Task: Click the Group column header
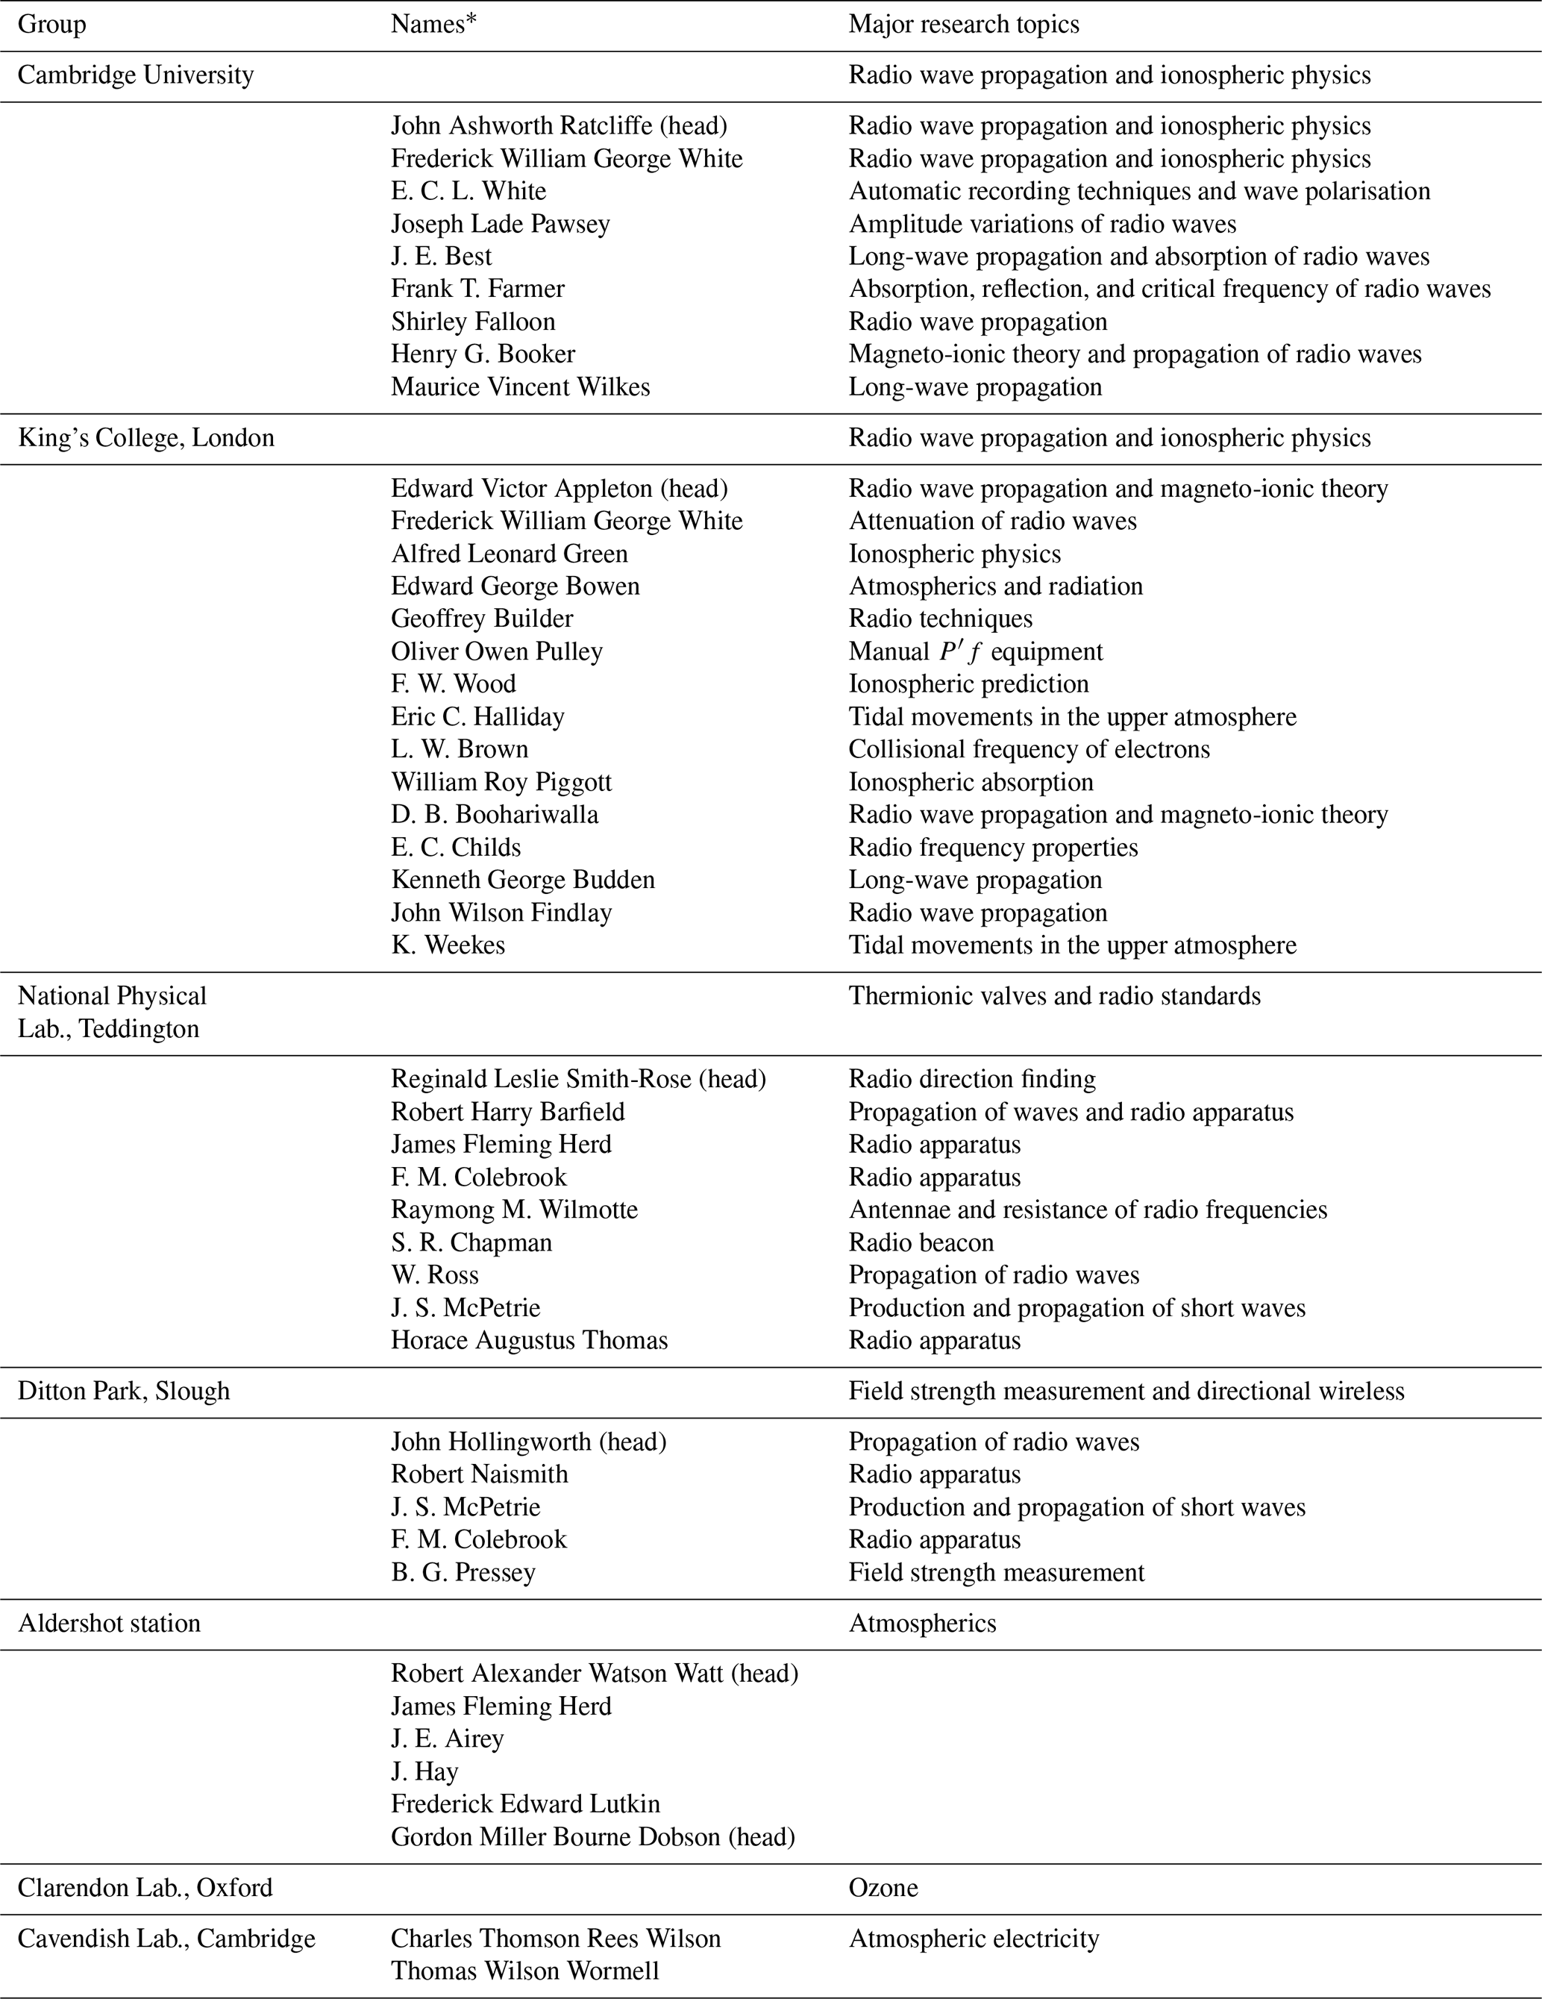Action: (x=51, y=25)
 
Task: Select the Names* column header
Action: (x=433, y=25)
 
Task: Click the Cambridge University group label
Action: (x=136, y=75)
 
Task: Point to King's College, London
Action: (x=145, y=439)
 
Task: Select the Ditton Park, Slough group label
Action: (x=124, y=1392)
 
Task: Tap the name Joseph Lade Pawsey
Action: (x=500, y=225)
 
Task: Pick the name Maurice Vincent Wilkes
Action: (x=520, y=387)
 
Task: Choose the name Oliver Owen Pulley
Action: (x=496, y=651)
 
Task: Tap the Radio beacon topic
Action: (x=921, y=1243)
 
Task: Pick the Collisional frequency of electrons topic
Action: (x=1029, y=750)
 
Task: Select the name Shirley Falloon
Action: (x=472, y=322)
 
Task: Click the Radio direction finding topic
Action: (x=971, y=1080)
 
